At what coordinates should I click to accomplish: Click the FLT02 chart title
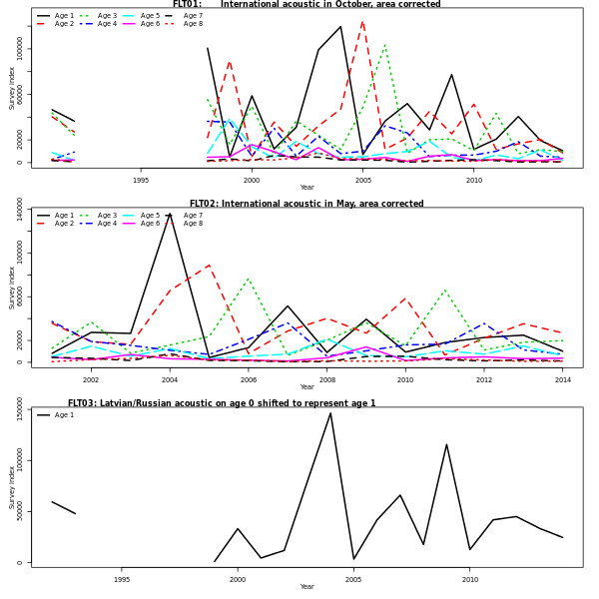(306, 204)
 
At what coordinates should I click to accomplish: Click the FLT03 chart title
(222, 403)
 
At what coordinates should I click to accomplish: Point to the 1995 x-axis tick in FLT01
(141, 180)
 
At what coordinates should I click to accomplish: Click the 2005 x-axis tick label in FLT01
(363, 180)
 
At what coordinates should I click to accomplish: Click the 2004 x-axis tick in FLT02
(170, 379)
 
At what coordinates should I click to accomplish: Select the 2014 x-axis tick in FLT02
(563, 379)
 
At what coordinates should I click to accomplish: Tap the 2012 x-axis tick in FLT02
(484, 379)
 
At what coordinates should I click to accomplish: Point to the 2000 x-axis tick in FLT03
(238, 579)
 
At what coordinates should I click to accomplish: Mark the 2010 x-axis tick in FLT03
(470, 579)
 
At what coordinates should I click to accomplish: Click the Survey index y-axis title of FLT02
(13, 288)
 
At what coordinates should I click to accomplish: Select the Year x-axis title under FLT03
(306, 587)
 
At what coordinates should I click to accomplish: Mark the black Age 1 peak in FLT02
(170, 214)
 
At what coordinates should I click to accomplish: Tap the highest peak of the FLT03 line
(330, 413)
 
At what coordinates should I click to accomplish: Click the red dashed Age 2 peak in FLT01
(362, 21)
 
